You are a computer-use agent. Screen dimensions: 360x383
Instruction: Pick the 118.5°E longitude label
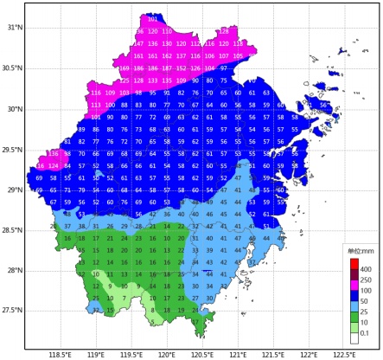point(60,354)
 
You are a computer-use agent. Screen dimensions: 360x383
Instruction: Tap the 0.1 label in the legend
point(366,333)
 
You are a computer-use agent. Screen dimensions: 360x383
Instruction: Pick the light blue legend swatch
point(353,306)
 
